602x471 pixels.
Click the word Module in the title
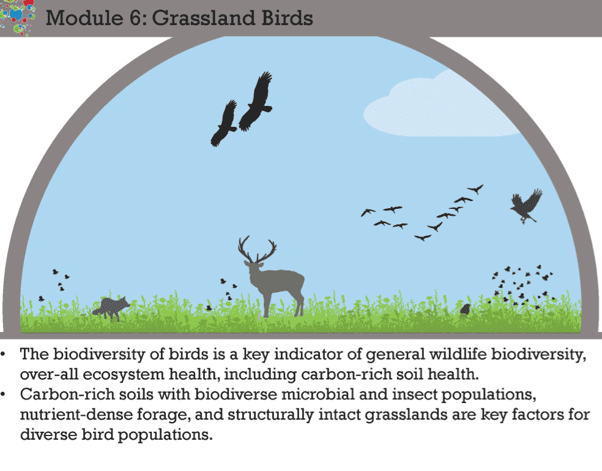(x=84, y=18)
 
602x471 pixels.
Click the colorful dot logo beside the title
(x=17, y=16)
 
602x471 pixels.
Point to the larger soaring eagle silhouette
(x=256, y=101)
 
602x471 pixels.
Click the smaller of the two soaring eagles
(x=224, y=124)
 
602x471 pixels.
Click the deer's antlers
(x=256, y=249)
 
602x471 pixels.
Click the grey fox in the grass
(x=111, y=307)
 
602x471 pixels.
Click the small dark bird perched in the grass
(x=466, y=309)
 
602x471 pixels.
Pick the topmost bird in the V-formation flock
(x=475, y=189)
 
